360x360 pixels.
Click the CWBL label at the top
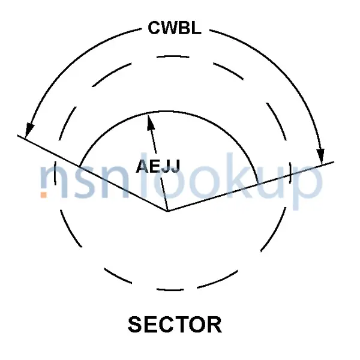tap(175, 28)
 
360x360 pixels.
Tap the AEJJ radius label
tap(158, 166)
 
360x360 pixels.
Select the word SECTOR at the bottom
tap(175, 324)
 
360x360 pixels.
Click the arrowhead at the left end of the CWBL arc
tap(29, 130)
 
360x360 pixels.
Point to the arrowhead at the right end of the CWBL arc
tap(321, 157)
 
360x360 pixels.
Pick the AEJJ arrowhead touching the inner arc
tap(151, 122)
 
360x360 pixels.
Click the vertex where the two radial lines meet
tap(167, 211)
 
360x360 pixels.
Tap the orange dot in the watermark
tap(44, 194)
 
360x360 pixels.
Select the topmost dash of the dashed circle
tap(173, 56)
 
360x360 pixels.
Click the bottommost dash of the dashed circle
tap(170, 290)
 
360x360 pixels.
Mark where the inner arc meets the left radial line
tap(79, 166)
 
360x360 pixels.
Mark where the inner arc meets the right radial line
tap(258, 184)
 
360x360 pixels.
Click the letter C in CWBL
tap(155, 28)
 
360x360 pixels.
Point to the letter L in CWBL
tap(197, 28)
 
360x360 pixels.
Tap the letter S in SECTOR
tap(135, 324)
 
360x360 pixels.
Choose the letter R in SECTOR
tap(214, 324)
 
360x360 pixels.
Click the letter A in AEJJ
tap(143, 166)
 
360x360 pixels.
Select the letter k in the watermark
tap(244, 175)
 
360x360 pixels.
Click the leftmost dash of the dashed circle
tap(55, 173)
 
